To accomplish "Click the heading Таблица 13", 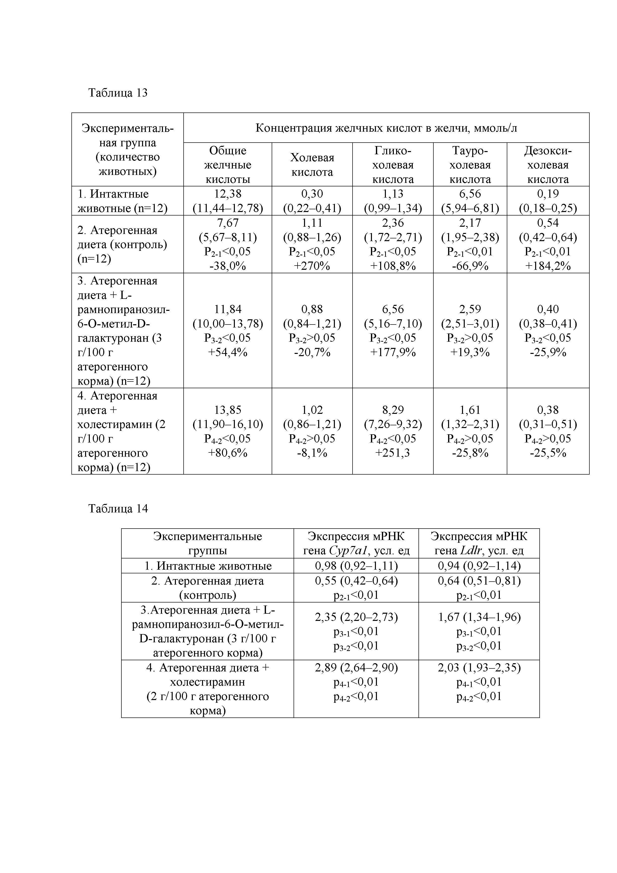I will (118, 93).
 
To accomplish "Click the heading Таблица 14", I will (118, 508).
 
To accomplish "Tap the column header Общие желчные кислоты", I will (227, 165).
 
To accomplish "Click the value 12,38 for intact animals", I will (227, 194).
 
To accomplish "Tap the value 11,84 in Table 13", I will (227, 309).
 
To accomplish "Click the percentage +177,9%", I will (393, 352).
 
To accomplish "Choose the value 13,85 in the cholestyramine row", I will (227, 410).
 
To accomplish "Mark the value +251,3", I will (393, 453).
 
